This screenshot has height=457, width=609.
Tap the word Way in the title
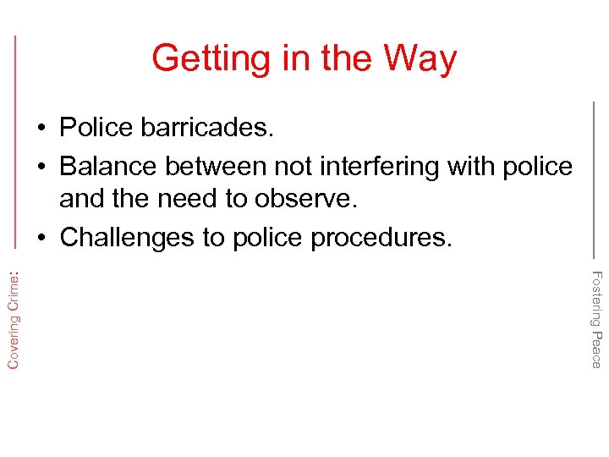click(420, 58)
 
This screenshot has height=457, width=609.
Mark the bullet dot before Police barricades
click(41, 129)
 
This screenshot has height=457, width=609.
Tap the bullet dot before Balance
click(41, 168)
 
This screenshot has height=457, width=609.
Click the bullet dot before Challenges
click(41, 238)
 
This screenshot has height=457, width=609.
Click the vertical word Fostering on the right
click(596, 299)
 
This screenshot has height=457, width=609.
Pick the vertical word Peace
click(596, 350)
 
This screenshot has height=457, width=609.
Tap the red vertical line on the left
click(16, 144)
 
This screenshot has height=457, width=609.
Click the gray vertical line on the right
click(594, 178)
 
